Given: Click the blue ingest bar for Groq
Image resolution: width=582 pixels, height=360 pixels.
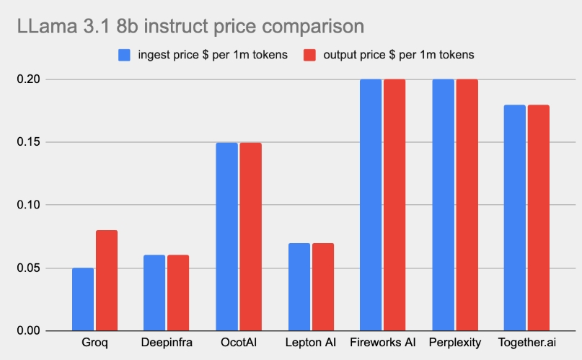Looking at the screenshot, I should coord(83,299).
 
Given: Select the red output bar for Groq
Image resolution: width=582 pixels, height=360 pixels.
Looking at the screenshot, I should coord(106,281).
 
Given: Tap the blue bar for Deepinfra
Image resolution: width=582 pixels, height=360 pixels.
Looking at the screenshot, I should coord(154,293).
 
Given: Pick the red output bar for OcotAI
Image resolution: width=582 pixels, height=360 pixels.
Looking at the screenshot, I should coord(250,237).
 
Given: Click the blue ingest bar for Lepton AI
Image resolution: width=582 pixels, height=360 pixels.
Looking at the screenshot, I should coord(299,287).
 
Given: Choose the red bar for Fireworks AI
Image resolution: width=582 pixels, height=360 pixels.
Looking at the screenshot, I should coord(394,205).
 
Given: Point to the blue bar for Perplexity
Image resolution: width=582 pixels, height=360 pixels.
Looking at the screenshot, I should coord(443,205).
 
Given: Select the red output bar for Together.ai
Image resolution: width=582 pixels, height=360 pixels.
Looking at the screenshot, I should coord(538,218).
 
